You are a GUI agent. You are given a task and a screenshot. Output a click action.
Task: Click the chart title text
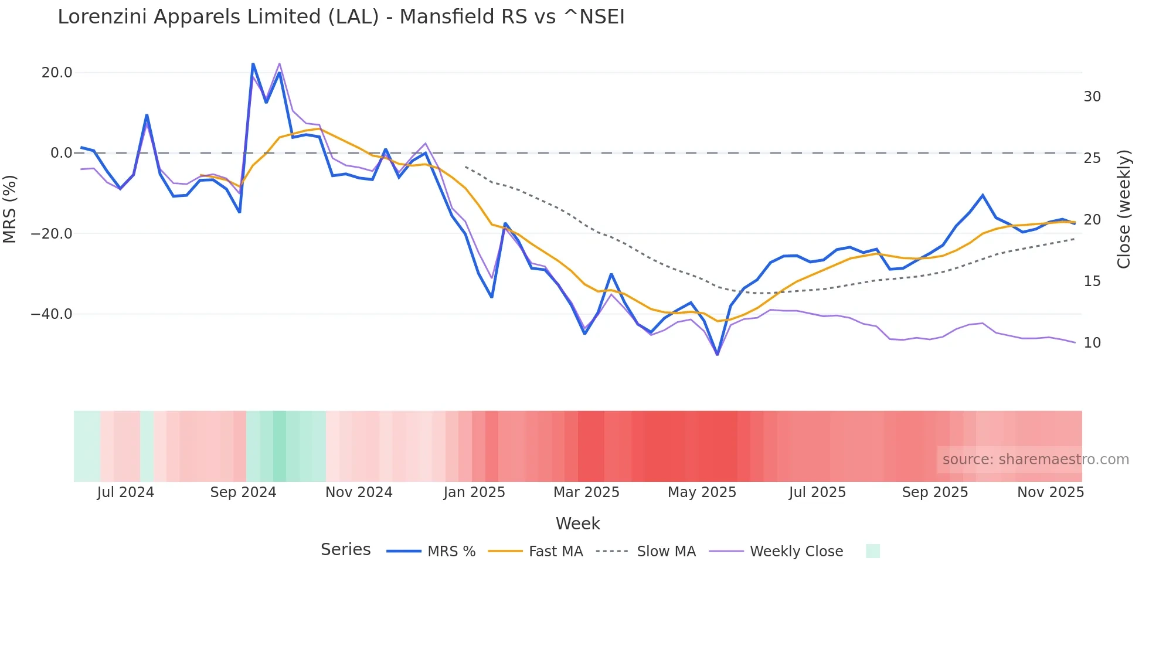click(341, 17)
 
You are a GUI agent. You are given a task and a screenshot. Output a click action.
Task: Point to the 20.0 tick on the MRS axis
click(57, 73)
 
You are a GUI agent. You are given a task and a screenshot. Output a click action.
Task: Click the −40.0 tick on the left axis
click(52, 314)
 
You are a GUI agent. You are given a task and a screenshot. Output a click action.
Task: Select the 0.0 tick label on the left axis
click(62, 153)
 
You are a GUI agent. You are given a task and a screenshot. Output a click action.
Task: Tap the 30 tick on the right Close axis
click(1092, 97)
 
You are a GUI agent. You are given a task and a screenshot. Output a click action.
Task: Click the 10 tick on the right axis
click(1092, 343)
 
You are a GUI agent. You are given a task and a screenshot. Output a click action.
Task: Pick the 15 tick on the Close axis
click(1092, 281)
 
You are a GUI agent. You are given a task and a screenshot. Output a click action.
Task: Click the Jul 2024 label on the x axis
click(125, 492)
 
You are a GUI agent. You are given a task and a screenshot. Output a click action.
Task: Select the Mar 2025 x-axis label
click(586, 492)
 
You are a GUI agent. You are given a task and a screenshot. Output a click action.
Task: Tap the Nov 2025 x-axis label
click(1050, 492)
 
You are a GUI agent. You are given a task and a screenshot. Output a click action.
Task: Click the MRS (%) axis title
click(10, 209)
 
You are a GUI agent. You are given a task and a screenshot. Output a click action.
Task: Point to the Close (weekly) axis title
click(1123, 209)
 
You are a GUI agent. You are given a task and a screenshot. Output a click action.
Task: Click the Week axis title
click(577, 523)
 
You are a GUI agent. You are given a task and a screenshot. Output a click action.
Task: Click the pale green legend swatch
click(872, 551)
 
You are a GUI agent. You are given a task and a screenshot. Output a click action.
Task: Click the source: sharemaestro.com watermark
click(1035, 460)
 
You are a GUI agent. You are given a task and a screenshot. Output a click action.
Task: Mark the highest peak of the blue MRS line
click(253, 64)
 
